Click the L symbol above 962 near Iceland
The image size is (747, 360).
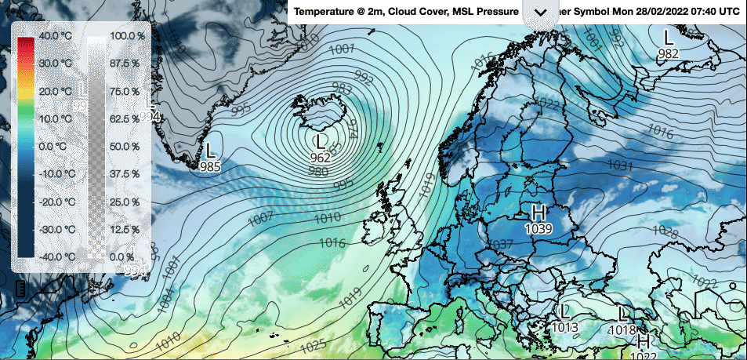coord(319,142)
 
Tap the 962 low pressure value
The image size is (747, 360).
coord(320,158)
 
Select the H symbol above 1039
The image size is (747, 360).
coord(538,212)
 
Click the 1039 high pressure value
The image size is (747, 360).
coord(539,227)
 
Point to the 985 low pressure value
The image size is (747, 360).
coord(210,166)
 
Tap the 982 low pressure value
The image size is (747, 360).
coord(668,53)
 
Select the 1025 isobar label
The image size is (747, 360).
coord(313,345)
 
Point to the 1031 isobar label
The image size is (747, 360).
coord(620,165)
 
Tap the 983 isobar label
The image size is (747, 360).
coord(342,88)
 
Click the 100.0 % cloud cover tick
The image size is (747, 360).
coord(127,36)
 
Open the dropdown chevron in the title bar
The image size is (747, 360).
coord(540,13)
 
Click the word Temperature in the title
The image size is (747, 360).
coord(325,13)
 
